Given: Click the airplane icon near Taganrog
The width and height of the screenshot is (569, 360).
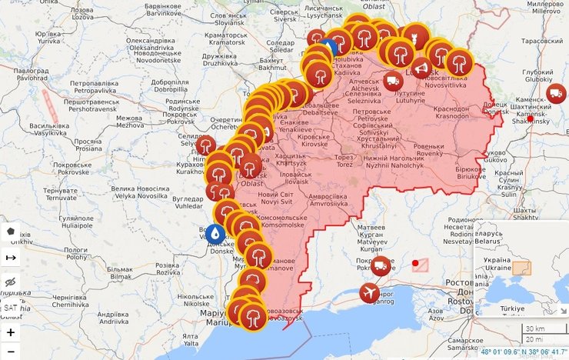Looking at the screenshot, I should click(369, 292).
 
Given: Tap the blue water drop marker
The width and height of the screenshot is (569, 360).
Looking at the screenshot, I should click(215, 233).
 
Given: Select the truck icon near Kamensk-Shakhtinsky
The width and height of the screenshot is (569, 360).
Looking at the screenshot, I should click(555, 94).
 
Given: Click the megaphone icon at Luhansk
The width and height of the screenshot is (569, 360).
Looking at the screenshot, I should click(420, 68).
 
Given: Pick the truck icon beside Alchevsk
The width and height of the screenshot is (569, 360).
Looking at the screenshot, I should click(392, 80).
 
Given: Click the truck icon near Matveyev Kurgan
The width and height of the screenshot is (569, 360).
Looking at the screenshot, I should click(381, 266).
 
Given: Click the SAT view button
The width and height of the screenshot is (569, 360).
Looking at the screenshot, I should click(11, 308).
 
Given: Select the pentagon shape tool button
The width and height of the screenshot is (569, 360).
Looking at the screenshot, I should click(11, 231).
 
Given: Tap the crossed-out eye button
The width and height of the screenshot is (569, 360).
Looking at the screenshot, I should click(11, 282).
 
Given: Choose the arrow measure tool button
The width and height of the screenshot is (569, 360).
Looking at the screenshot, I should click(11, 257).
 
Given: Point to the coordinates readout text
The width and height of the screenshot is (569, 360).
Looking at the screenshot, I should click(522, 352).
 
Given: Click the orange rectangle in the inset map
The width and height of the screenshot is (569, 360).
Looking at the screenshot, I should click(522, 268).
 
